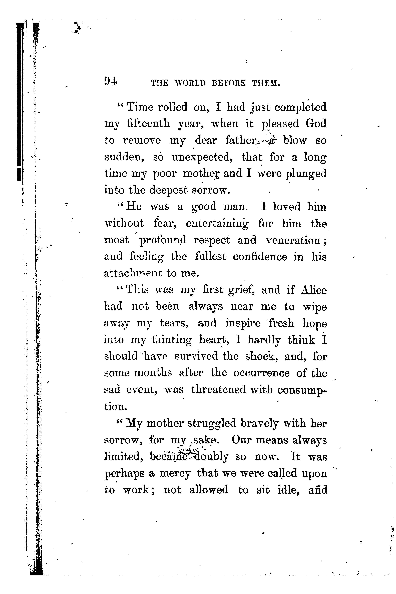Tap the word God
point(316,124)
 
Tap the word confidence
point(260,257)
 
